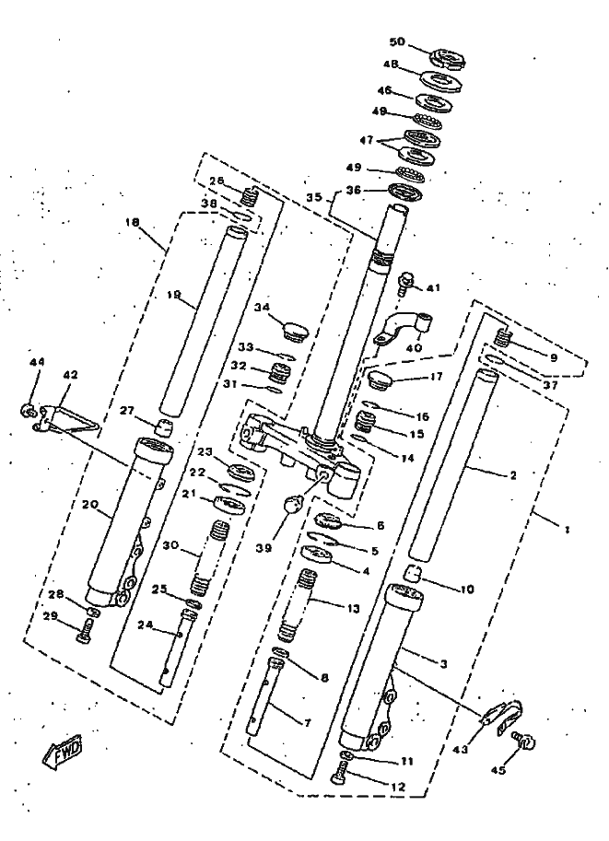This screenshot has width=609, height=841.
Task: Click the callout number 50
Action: (397, 42)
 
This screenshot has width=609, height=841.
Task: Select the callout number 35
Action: (314, 197)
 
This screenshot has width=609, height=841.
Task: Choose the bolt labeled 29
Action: (85, 631)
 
